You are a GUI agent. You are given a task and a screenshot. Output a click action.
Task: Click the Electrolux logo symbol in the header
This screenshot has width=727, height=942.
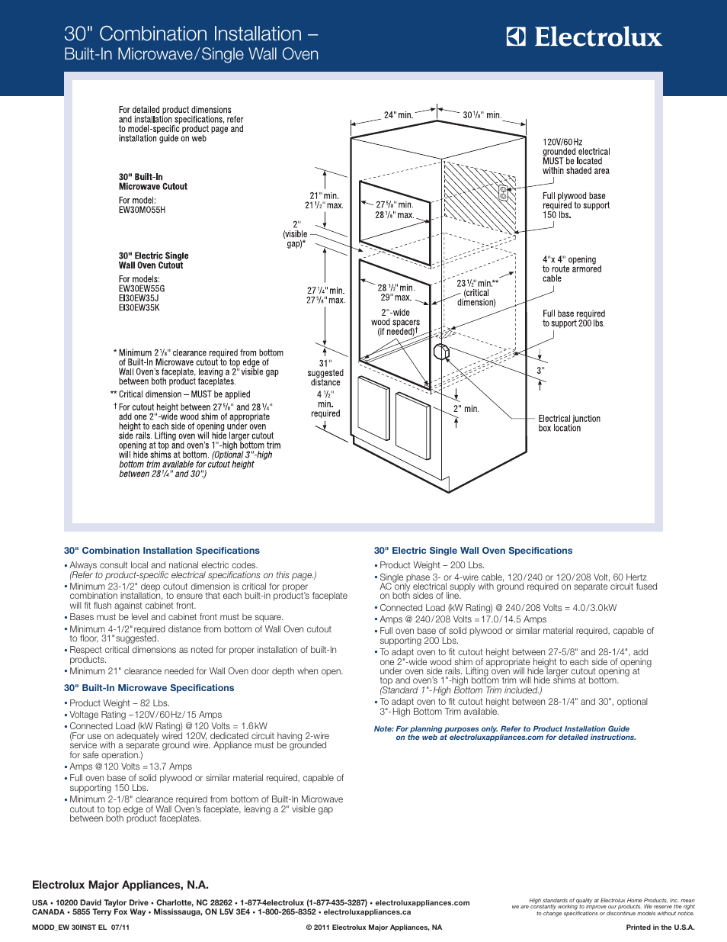[516, 37]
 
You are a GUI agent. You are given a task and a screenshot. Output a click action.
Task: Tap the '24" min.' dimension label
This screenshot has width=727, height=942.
[398, 115]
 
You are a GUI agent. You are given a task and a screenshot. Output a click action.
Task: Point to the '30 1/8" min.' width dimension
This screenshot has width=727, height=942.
[482, 115]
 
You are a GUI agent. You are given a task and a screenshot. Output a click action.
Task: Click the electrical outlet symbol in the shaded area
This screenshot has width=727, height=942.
[503, 193]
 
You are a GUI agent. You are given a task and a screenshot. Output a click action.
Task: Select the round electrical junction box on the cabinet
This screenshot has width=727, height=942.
[441, 352]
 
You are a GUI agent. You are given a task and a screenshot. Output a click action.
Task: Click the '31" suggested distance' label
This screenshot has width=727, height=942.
[325, 373]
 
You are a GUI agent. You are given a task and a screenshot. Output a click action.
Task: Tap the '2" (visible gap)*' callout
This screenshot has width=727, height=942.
[296, 234]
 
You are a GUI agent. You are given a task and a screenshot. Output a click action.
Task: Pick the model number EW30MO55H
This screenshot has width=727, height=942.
[142, 210]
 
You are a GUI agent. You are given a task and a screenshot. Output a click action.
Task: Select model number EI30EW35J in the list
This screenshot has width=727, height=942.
[139, 298]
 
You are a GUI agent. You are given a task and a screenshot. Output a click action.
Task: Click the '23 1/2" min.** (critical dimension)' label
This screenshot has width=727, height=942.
[477, 293]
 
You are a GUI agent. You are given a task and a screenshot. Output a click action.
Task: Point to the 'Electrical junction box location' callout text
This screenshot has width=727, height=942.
[569, 423]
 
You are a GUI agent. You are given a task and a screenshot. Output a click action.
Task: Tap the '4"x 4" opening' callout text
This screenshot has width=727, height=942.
[572, 269]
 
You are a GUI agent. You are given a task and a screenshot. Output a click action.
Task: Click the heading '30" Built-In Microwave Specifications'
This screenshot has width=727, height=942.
[149, 688]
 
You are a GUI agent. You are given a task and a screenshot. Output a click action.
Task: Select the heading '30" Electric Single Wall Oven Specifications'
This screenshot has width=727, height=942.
[473, 551]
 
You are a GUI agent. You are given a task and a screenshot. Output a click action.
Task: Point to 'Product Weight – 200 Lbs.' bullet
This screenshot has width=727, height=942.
[432, 565]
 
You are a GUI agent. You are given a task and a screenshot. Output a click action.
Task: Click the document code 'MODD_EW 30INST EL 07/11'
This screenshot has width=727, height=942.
[81, 928]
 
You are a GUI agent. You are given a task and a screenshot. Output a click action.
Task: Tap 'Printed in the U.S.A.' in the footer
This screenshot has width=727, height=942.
[660, 928]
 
